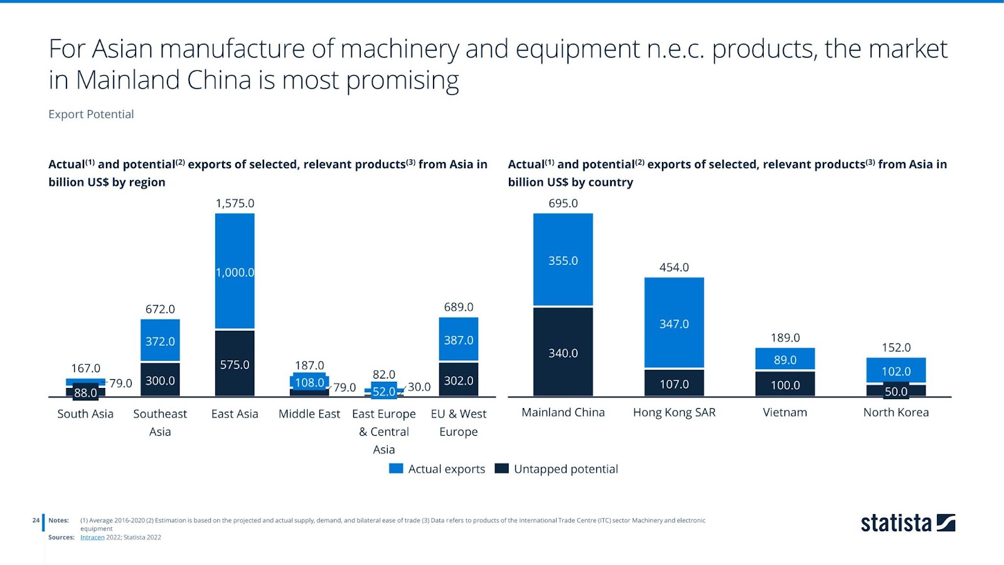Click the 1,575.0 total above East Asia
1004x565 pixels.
click(235, 203)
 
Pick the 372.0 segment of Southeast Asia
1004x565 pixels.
click(160, 341)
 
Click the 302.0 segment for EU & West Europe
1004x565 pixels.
click(459, 380)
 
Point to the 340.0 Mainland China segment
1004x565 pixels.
click(563, 353)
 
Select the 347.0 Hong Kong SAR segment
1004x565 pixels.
click(674, 323)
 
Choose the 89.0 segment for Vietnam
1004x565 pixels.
click(785, 360)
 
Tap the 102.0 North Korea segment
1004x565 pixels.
click(896, 370)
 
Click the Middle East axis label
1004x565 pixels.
click(309, 414)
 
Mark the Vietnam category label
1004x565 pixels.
click(785, 412)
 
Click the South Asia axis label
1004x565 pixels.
click(85, 414)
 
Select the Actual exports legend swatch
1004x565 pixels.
click(396, 469)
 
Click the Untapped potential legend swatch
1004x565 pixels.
click(501, 469)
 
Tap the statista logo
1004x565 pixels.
click(907, 523)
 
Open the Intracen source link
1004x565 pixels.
click(92, 537)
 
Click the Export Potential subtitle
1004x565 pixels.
click(91, 114)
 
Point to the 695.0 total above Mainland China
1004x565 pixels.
click(563, 203)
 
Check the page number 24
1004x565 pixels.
click(36, 520)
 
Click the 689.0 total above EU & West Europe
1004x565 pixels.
click(459, 307)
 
